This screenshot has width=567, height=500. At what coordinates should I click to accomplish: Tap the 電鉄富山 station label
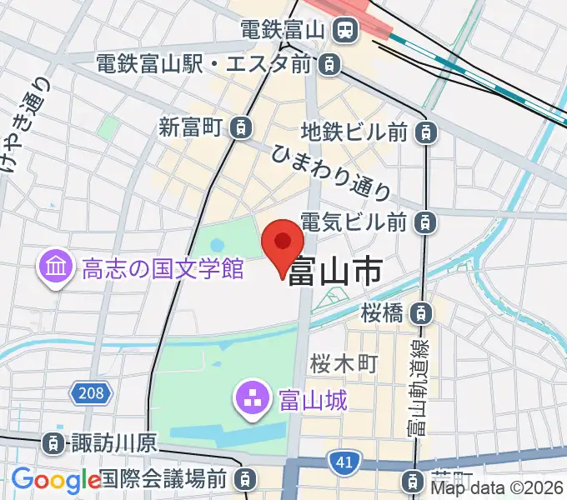(x=283, y=31)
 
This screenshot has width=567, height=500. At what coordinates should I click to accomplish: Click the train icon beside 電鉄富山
(x=344, y=31)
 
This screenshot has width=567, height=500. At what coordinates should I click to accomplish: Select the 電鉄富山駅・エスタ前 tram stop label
(x=204, y=63)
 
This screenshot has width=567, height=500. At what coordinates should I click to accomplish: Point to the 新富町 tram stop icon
(x=241, y=127)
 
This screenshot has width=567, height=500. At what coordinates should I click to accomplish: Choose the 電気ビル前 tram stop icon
(x=426, y=222)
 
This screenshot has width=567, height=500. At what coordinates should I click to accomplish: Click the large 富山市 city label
(x=335, y=270)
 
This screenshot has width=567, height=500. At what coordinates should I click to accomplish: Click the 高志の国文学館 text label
(x=162, y=268)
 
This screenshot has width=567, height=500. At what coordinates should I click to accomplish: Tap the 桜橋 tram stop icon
(x=423, y=313)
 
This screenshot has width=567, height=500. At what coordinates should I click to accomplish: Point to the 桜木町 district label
(x=344, y=363)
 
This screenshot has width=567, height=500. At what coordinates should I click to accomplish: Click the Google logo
(x=55, y=480)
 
